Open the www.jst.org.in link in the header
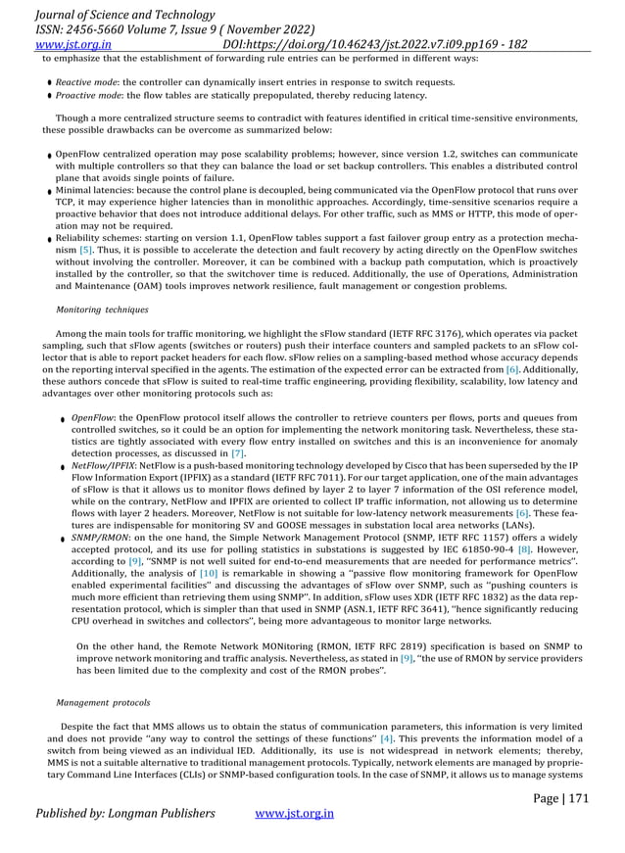pyautogui.click(x=72, y=44)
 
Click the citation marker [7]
pyautogui.click(x=237, y=454)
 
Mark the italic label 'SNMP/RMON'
pyautogui.click(x=99, y=538)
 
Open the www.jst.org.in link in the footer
pyautogui.click(x=294, y=813)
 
